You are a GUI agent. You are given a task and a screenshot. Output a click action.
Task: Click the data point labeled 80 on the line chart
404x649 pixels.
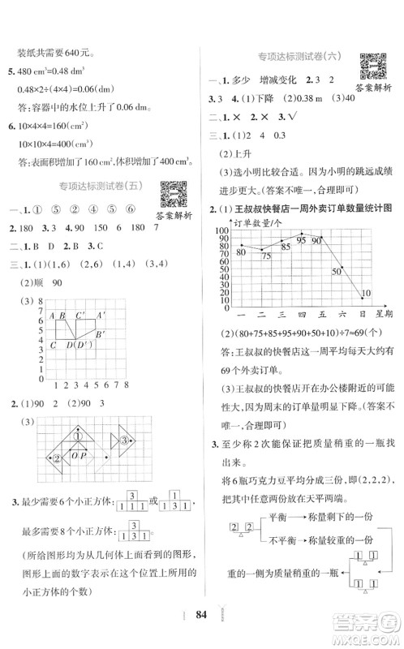click(241, 244)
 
